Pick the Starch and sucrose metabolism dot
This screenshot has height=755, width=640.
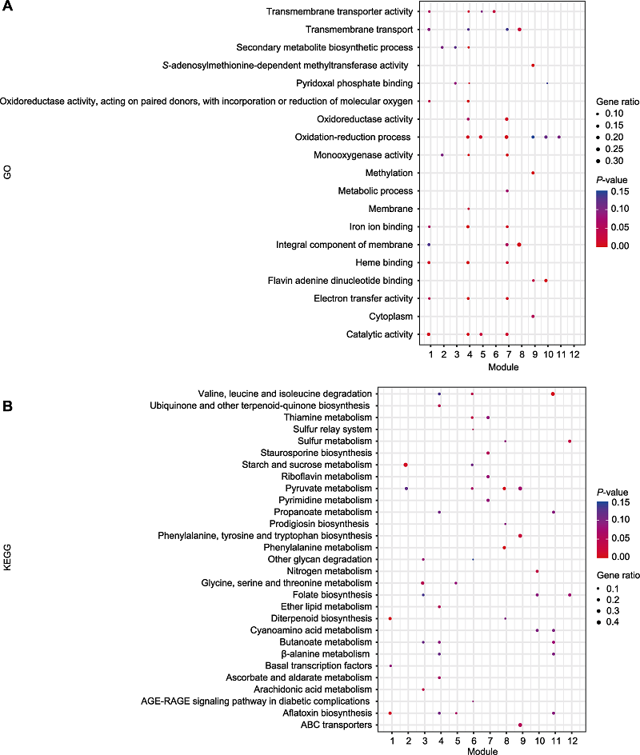click(406, 465)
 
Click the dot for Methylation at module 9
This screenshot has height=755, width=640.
click(533, 173)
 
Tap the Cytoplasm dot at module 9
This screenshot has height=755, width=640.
click(533, 317)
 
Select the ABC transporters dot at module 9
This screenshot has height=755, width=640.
click(521, 725)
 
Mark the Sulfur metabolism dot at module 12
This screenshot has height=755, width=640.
click(570, 441)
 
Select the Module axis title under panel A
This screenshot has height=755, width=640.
click(502, 367)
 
